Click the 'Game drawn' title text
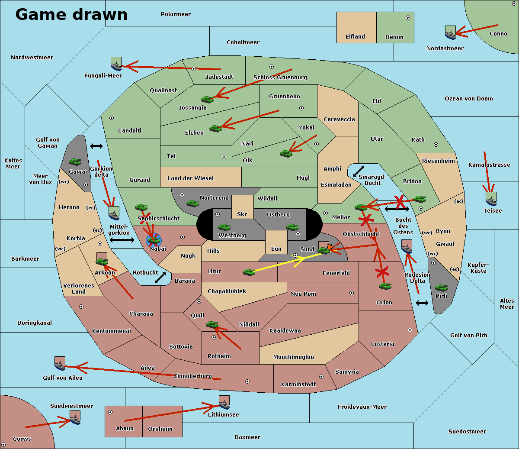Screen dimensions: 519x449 click(x=71, y=14)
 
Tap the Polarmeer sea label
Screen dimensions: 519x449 click(x=176, y=14)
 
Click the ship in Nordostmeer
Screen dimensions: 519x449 click(x=451, y=32)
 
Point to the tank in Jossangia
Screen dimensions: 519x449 click(x=208, y=99)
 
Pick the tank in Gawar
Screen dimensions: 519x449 click(x=75, y=162)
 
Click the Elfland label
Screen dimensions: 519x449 click(x=355, y=37)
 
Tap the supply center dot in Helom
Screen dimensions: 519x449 click(x=408, y=18)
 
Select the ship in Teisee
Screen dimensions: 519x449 click(x=491, y=199)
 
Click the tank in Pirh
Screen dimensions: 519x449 click(x=442, y=287)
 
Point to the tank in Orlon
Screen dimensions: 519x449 click(x=385, y=286)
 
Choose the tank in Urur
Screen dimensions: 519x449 click(x=249, y=272)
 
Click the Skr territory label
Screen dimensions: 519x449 click(x=242, y=214)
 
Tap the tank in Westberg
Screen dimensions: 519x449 click(x=224, y=227)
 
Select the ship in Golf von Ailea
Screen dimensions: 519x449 click(x=60, y=364)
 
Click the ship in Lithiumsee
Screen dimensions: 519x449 click(x=224, y=403)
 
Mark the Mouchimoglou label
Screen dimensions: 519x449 click(x=294, y=357)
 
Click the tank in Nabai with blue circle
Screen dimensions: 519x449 click(x=154, y=240)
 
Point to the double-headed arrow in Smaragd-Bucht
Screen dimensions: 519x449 click(x=359, y=171)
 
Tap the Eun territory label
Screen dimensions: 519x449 click(x=276, y=249)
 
